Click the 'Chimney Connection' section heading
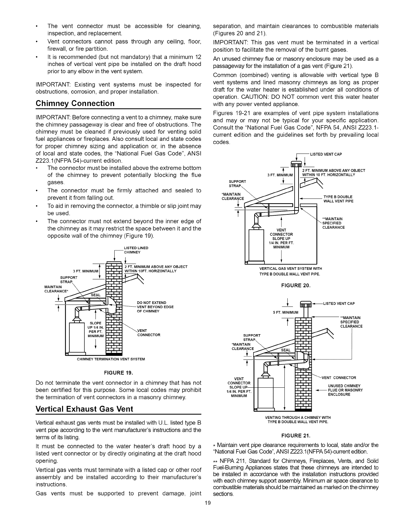(x=75, y=103)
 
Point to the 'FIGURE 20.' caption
(x=296, y=285)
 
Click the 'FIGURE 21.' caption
(x=296, y=436)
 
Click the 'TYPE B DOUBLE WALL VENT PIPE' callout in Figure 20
(x=338, y=199)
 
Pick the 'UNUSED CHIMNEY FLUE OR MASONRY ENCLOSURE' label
(x=345, y=390)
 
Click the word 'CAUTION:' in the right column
(x=290, y=97)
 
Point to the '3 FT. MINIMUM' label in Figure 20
(x=280, y=175)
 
